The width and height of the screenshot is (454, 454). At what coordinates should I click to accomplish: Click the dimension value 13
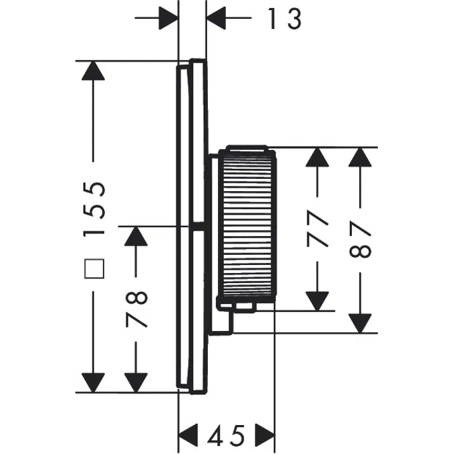(x=282, y=19)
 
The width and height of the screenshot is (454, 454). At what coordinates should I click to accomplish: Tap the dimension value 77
(x=319, y=229)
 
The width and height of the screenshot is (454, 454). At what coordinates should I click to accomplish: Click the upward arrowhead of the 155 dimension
(x=93, y=71)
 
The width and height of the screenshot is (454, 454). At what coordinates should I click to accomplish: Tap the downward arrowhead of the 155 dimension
(x=93, y=381)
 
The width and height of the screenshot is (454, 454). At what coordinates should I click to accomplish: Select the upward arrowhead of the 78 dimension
(x=136, y=237)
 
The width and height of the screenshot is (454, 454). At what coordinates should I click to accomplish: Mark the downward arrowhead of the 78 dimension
(x=136, y=381)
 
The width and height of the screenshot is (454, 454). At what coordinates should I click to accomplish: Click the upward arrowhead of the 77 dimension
(x=319, y=158)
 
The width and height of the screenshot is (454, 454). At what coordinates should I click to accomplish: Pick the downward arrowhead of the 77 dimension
(x=319, y=300)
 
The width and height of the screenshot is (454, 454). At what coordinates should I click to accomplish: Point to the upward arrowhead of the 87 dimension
(x=362, y=158)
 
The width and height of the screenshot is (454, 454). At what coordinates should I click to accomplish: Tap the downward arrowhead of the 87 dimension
(x=362, y=321)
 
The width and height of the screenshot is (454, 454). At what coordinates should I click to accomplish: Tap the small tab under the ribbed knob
(x=243, y=307)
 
